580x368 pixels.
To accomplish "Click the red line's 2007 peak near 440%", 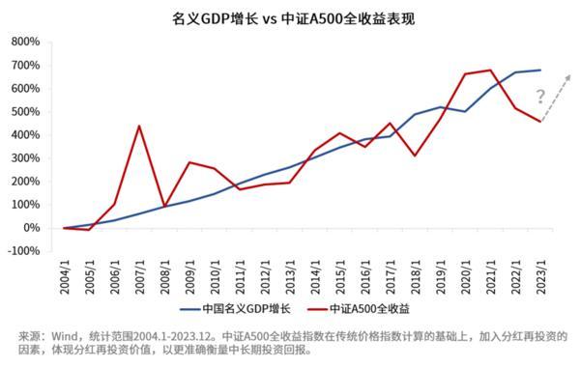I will [x=139, y=126].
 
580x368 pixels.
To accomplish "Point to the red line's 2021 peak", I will [x=491, y=70].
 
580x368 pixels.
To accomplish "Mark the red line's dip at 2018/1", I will [x=416, y=156].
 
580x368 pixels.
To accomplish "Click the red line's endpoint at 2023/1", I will [x=541, y=121].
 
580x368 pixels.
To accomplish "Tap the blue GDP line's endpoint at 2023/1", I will [x=541, y=70].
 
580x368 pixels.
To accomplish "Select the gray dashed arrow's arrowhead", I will [x=569, y=74].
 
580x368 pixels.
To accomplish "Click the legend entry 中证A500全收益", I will [x=367, y=308].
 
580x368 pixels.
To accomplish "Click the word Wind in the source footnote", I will [x=57, y=335].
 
